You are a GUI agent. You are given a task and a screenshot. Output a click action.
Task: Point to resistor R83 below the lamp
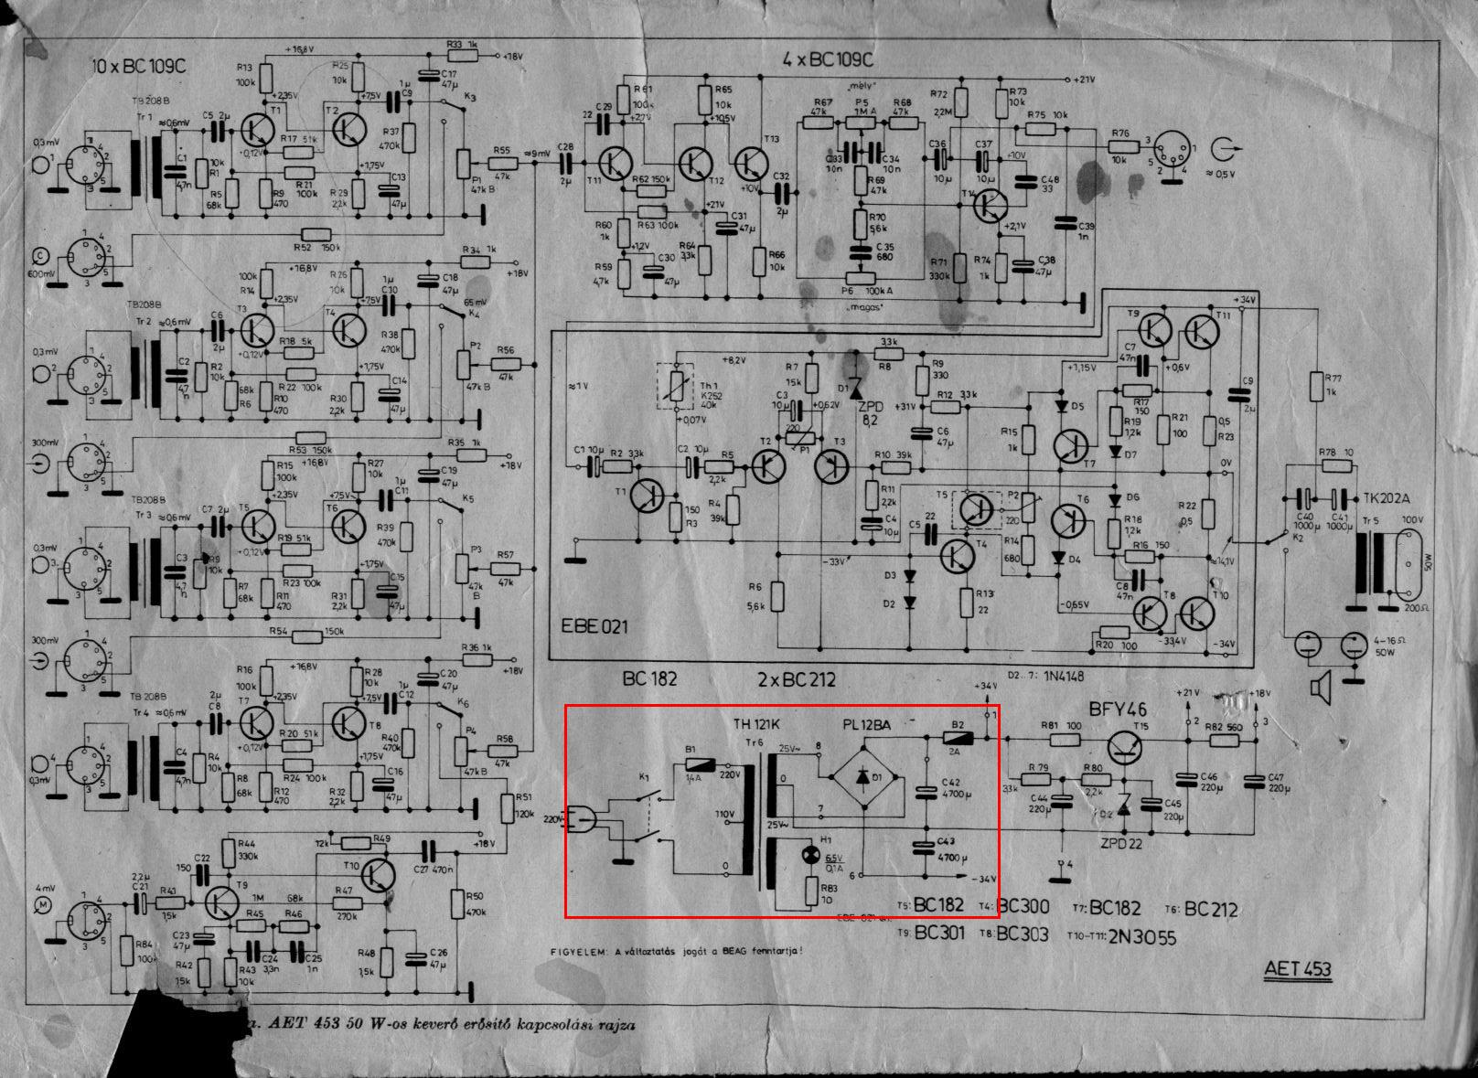coord(811,891)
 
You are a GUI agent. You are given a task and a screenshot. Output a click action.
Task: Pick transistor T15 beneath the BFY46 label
coord(1126,747)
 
